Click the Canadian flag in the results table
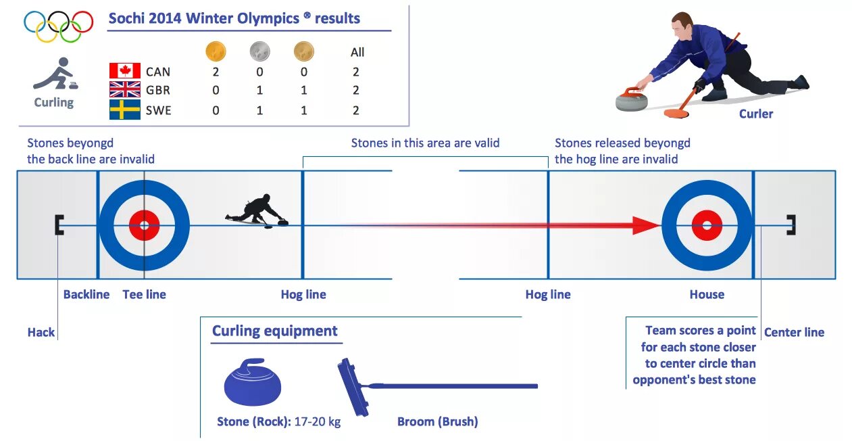click(125, 71)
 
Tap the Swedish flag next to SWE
click(125, 110)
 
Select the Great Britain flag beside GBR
click(125, 89)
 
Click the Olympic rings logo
click(58, 26)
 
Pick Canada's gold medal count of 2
click(216, 72)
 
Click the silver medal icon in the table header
click(259, 51)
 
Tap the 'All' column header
click(357, 52)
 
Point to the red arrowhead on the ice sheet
click(645, 225)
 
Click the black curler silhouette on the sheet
click(257, 210)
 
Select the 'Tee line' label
click(144, 294)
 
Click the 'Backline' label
click(86, 294)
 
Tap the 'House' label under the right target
click(707, 294)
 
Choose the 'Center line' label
click(794, 332)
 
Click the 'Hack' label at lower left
click(41, 332)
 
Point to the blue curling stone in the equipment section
click(253, 384)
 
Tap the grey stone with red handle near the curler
click(632, 99)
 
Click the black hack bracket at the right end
click(791, 225)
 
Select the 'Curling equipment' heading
click(274, 331)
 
